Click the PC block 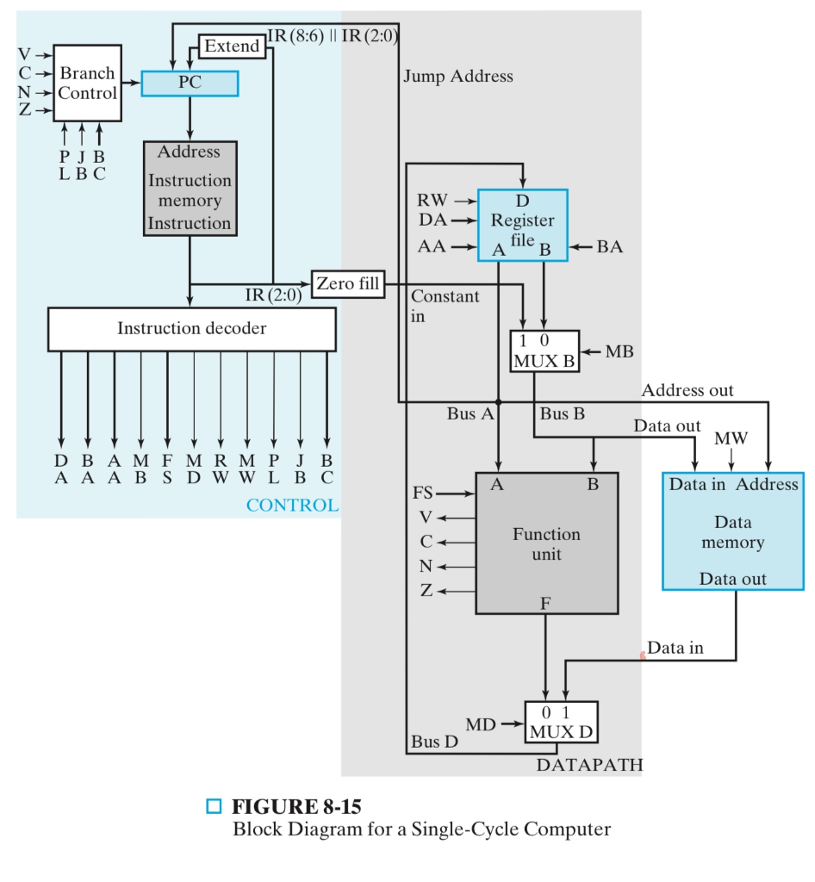tap(189, 84)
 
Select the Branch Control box tap(88, 84)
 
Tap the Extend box tap(230, 46)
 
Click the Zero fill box tap(348, 283)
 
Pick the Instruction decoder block tap(191, 329)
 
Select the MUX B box tap(544, 351)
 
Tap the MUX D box tap(560, 722)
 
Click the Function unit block tap(546, 543)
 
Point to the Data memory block tap(732, 531)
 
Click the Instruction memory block tap(190, 188)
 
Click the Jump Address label tap(457, 77)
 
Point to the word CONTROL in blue tap(292, 506)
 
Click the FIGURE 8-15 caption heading tap(296, 807)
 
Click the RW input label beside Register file tap(432, 201)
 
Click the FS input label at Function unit tap(424, 494)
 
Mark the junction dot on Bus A tap(499, 401)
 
